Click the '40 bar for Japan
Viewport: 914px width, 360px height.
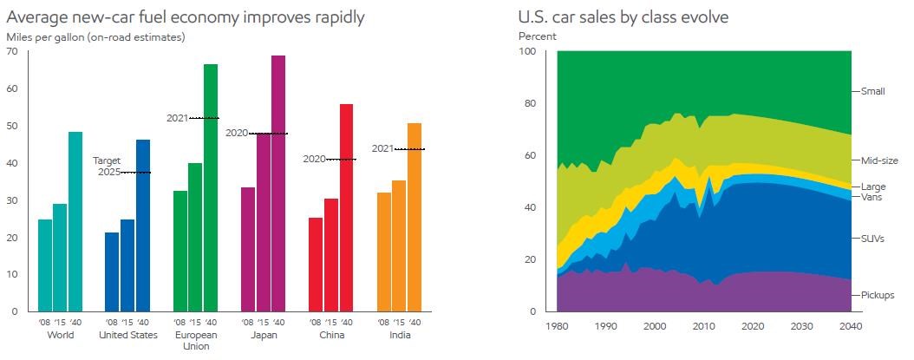pos(278,183)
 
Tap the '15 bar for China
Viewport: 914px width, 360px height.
pos(330,255)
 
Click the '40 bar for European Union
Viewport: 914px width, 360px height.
pos(211,187)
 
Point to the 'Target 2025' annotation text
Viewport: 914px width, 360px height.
pos(107,166)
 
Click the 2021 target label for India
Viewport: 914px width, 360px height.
pos(382,148)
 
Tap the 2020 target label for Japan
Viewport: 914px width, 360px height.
pos(237,133)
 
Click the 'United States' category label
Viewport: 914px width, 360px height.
pos(127,335)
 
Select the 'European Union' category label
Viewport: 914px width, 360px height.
pos(195,340)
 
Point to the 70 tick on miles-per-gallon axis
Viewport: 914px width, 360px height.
pos(12,52)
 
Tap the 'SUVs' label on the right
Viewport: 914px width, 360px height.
pos(872,239)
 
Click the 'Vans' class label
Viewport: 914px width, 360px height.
pos(872,197)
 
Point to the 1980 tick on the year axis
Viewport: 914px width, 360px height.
pos(557,326)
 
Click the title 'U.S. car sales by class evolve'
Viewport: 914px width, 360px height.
pos(623,17)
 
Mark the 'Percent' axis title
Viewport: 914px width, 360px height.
pos(538,36)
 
